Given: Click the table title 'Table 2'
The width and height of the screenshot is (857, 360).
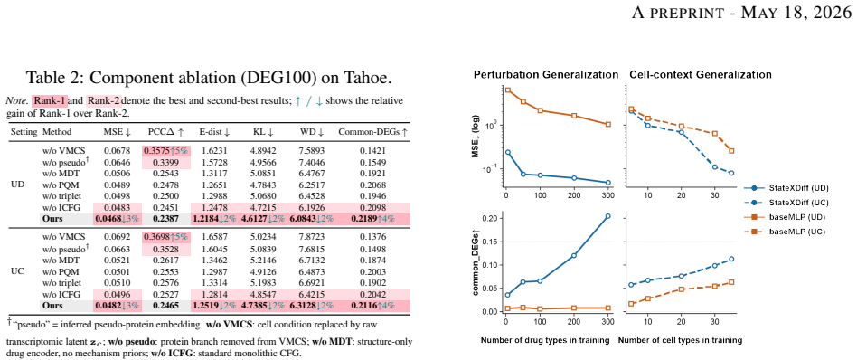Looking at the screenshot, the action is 54,77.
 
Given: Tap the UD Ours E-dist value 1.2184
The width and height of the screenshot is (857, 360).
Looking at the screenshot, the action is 206,219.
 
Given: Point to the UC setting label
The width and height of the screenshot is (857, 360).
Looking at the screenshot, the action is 17,271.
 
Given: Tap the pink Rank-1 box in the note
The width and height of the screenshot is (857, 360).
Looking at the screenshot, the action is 49,101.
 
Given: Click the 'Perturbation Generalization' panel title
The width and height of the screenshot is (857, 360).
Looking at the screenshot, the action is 546,74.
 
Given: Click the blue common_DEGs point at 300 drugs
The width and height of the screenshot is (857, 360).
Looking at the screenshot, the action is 608,216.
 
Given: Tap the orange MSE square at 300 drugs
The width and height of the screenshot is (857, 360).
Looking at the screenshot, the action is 608,124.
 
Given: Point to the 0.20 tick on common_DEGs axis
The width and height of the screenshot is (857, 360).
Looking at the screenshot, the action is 492,218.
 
